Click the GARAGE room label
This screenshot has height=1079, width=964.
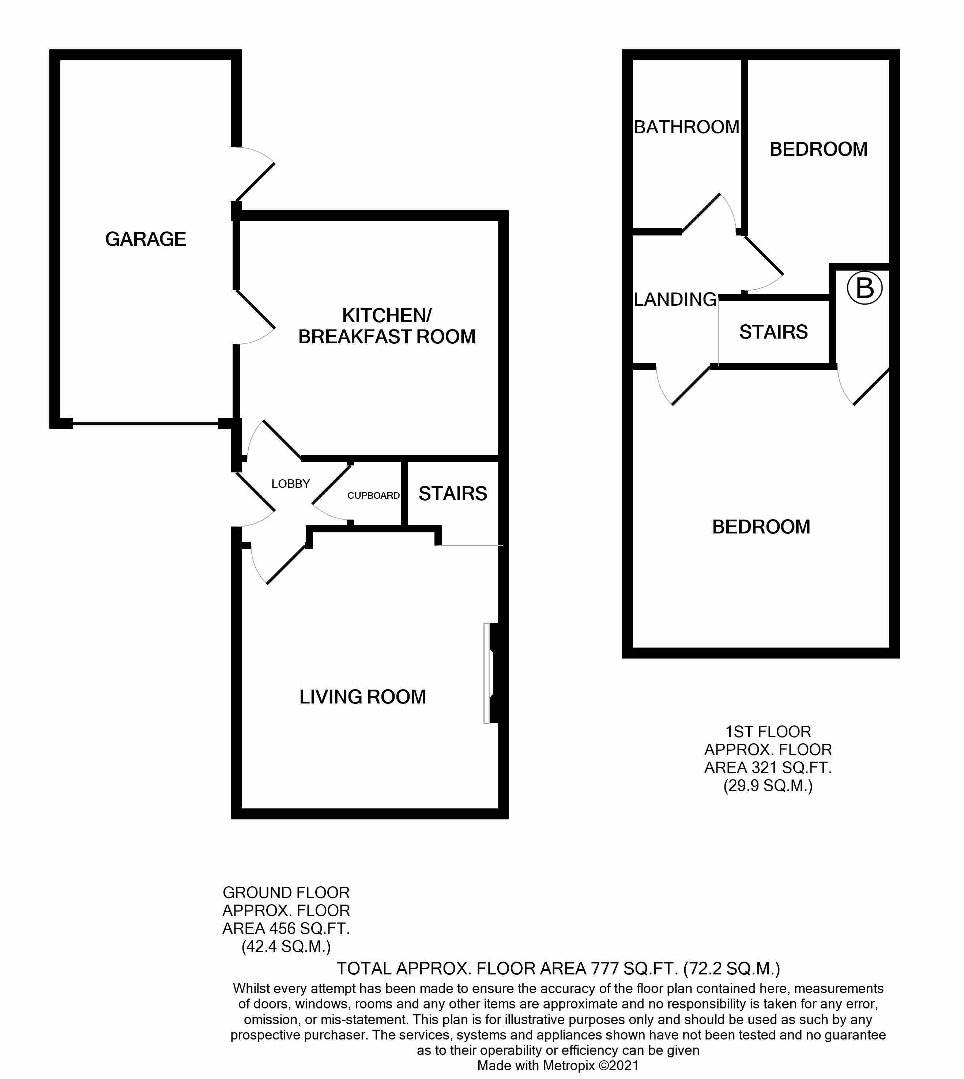(x=146, y=239)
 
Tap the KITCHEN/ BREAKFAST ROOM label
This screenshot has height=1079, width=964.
(x=387, y=326)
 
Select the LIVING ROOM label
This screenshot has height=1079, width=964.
(x=362, y=697)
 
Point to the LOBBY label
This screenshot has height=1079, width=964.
(x=290, y=483)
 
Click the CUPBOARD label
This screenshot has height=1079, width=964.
(x=373, y=495)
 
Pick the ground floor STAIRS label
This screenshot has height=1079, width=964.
(x=453, y=494)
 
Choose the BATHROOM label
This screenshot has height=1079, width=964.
(x=686, y=127)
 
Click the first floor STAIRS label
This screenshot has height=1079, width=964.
(x=773, y=332)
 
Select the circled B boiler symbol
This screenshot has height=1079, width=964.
(x=865, y=288)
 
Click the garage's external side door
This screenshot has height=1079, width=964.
(x=254, y=175)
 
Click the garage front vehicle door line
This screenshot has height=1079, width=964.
(x=146, y=423)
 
